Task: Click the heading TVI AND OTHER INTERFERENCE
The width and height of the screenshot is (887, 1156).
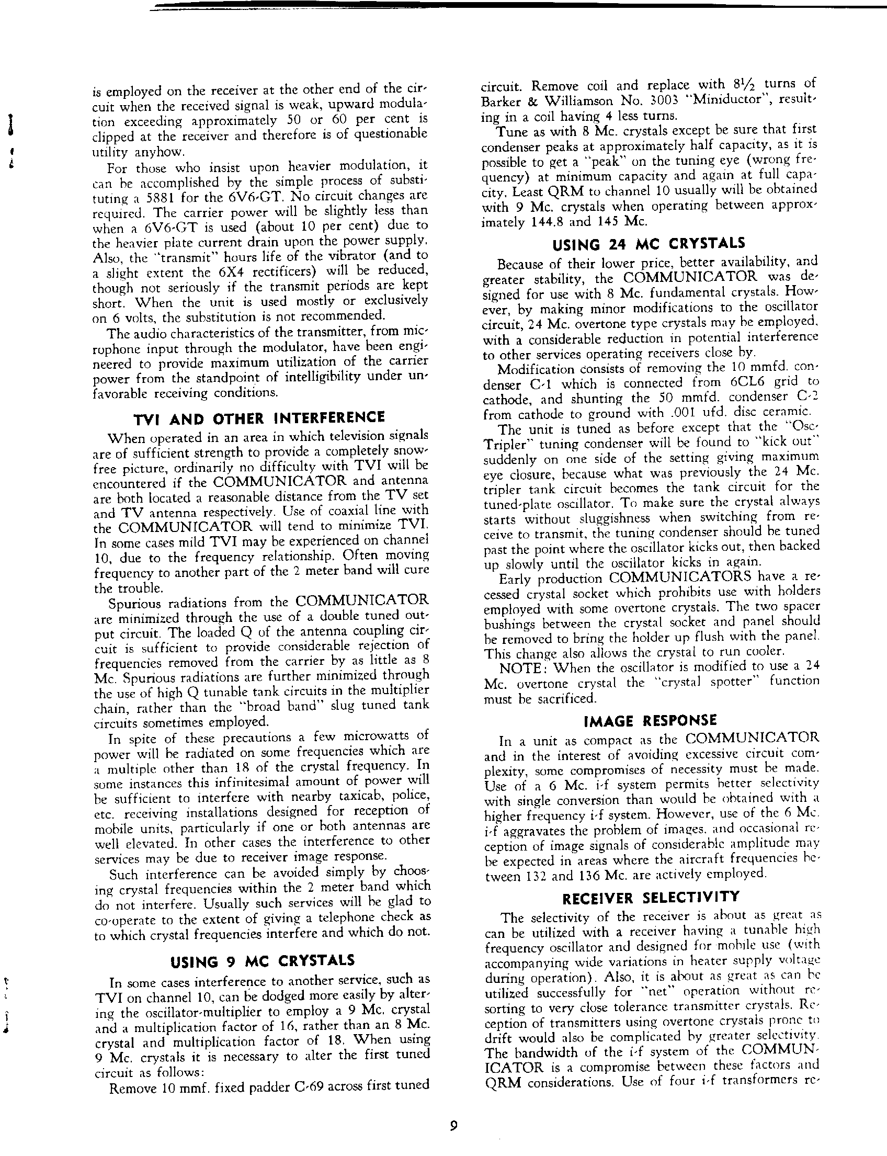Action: click(x=259, y=418)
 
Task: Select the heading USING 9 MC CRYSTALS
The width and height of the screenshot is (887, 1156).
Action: click(x=263, y=960)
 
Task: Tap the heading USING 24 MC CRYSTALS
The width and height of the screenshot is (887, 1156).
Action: click(x=649, y=243)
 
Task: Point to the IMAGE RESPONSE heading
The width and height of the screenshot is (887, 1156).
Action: click(x=651, y=720)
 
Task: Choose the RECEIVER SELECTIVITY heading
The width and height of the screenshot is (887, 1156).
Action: click(x=651, y=898)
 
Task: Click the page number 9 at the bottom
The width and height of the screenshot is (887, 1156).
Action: click(x=453, y=1125)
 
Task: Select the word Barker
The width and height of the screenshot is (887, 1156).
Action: click(x=502, y=101)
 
